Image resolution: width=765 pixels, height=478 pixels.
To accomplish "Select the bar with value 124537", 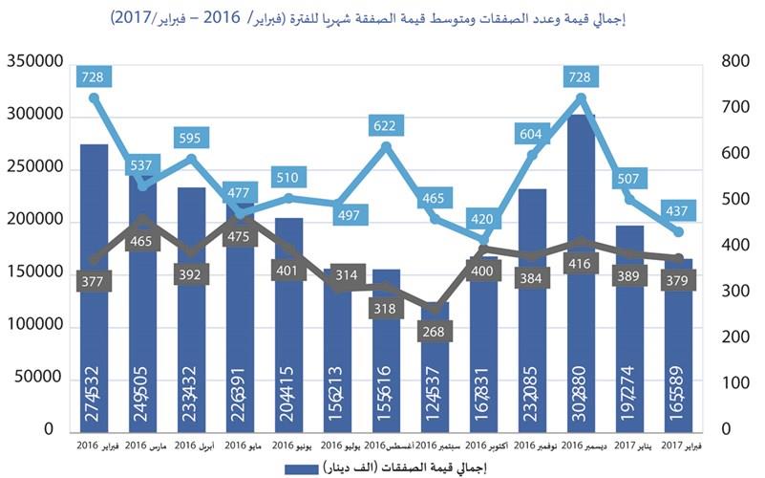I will click(435, 373).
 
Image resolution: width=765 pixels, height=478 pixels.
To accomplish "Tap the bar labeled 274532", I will click(94, 287).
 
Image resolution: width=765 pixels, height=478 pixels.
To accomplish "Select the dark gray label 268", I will click(435, 332).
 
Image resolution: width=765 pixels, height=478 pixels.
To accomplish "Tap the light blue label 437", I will click(679, 209).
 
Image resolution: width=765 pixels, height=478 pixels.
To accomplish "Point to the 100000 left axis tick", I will click(34, 327).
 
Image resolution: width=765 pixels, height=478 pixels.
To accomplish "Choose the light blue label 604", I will click(532, 133).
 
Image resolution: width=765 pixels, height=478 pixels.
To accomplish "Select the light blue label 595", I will click(190, 138).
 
